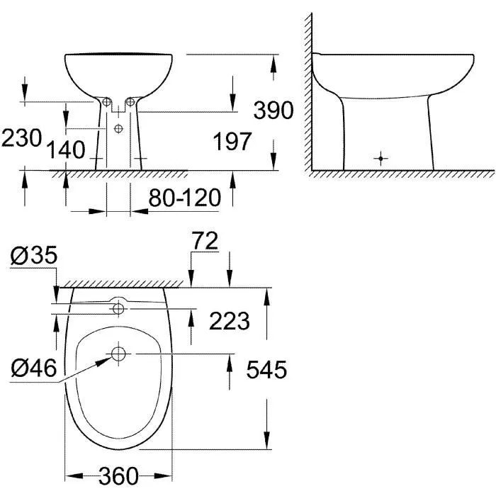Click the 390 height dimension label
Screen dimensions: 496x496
[273, 111]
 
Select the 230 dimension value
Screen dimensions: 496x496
[21, 137]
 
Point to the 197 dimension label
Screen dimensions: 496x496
[232, 142]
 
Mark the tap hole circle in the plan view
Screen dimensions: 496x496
[118, 308]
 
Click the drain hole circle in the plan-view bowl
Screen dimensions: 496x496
[118, 353]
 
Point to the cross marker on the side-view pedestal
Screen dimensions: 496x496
[381, 157]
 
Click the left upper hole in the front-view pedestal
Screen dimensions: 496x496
[106, 103]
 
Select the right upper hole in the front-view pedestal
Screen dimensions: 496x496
[130, 103]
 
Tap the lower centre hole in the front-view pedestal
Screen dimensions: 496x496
[118, 128]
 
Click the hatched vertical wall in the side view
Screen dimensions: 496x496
[308, 92]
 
